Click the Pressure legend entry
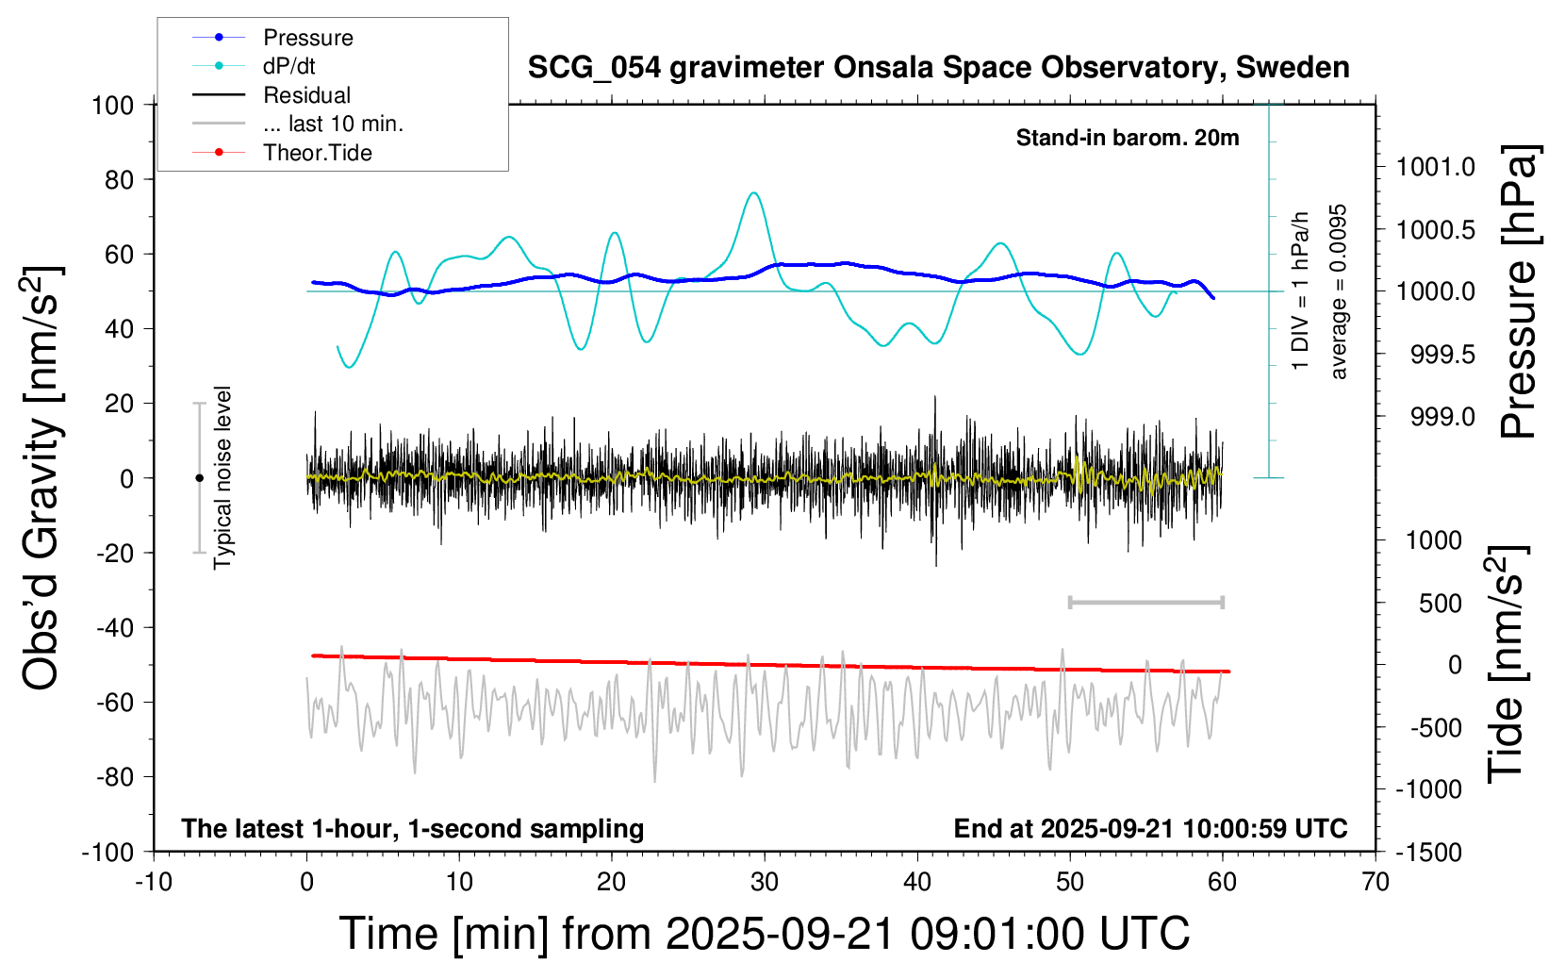(307, 38)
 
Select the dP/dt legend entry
(288, 66)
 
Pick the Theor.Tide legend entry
(317, 153)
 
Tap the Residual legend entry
(306, 95)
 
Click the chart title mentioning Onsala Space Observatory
(938, 68)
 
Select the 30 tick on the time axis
(765, 882)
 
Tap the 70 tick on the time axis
(1376, 882)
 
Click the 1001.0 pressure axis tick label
(1436, 167)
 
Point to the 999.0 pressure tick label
(1442, 417)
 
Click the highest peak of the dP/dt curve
(753, 193)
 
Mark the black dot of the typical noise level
(199, 478)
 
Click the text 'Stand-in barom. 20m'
(1128, 138)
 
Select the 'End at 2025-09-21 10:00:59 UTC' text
(1150, 828)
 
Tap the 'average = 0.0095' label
(1339, 291)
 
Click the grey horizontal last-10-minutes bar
(1146, 602)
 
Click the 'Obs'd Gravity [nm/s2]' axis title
(42, 478)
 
